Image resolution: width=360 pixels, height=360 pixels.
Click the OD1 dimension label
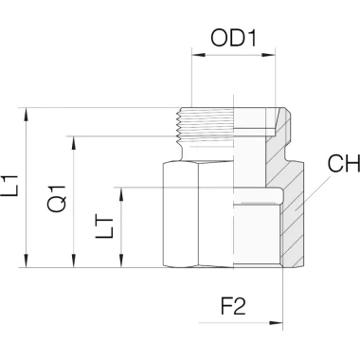[x=234, y=38]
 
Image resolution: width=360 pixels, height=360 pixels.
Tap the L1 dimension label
[x=10, y=186]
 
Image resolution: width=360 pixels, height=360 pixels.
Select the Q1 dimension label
[x=58, y=198]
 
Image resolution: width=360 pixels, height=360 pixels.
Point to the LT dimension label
[x=104, y=227]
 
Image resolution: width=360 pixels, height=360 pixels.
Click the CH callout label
[x=344, y=163]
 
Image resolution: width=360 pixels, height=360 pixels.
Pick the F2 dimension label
[x=233, y=306]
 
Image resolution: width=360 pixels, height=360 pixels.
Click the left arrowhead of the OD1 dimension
[x=199, y=55]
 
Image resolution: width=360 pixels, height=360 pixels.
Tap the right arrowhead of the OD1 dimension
[x=269, y=55]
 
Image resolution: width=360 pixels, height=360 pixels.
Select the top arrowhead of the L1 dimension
[x=27, y=115]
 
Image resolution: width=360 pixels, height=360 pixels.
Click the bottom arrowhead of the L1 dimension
[x=27, y=261]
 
